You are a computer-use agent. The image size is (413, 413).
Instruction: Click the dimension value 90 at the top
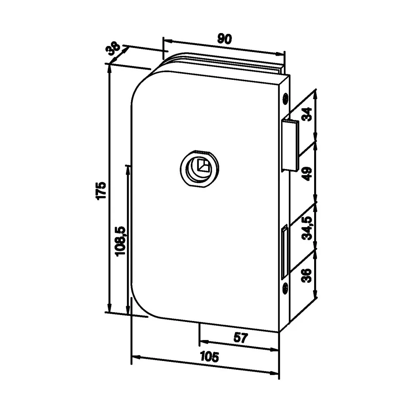coord(225,39)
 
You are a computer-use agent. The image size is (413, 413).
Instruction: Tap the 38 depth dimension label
coord(113,48)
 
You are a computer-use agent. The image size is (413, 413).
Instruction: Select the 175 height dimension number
coord(101,190)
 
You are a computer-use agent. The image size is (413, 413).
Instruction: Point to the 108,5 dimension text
coord(121,241)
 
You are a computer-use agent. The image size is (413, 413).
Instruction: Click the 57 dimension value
coord(241,338)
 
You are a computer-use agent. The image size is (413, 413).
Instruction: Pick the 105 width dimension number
coord(210,357)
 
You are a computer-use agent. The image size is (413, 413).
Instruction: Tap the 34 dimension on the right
coord(307,114)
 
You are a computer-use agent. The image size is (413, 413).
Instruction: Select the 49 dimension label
coord(307,174)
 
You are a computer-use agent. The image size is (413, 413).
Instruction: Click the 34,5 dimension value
coord(307,228)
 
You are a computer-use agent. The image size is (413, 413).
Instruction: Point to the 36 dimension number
coord(307,275)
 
